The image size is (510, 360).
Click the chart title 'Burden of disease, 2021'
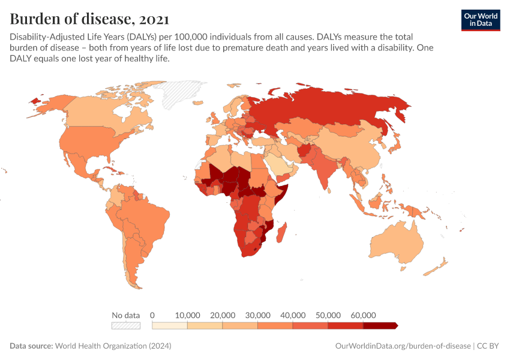pyautogui.click(x=89, y=19)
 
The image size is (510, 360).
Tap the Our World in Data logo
pyautogui.click(x=480, y=20)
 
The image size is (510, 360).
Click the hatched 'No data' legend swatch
pyautogui.click(x=125, y=326)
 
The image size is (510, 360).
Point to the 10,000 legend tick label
pyautogui.click(x=188, y=315)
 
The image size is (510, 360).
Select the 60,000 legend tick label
pyautogui.click(x=363, y=315)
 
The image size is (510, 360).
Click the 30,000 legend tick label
pyautogui.click(x=258, y=315)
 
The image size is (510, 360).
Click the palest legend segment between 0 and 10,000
pyautogui.click(x=170, y=326)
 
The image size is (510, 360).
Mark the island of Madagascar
pyautogui.click(x=286, y=233)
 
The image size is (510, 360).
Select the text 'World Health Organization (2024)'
pyautogui.click(x=113, y=346)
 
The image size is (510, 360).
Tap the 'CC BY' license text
pyautogui.click(x=488, y=346)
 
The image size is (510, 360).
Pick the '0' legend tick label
pyautogui.click(x=152, y=315)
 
